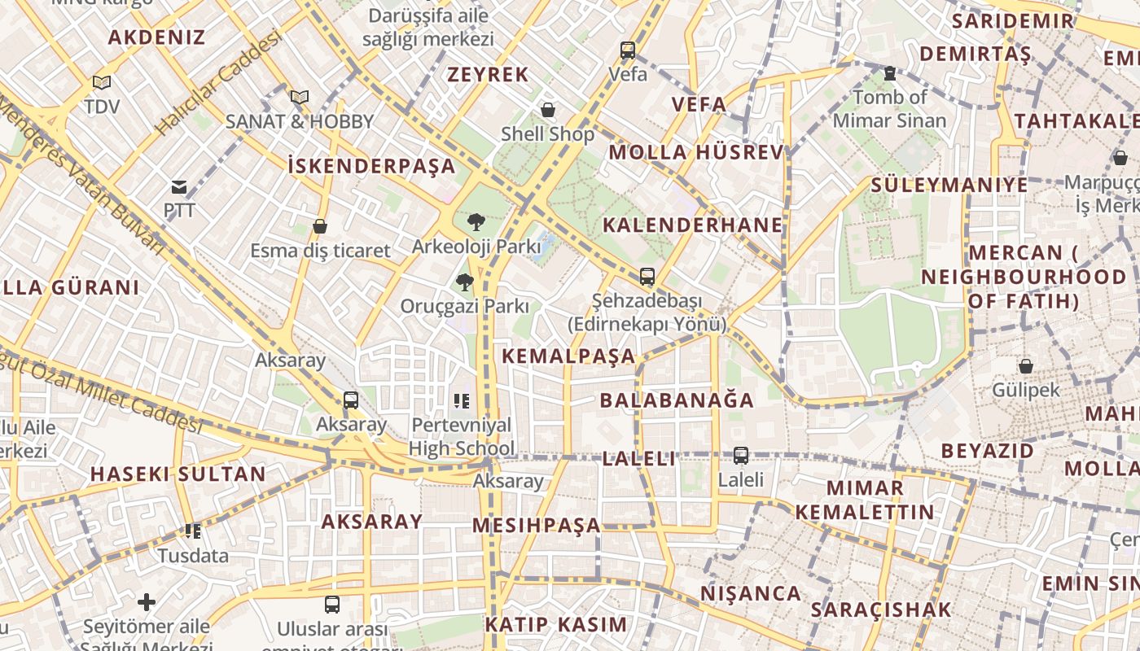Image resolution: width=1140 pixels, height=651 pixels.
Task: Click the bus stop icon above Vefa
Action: tap(628, 50)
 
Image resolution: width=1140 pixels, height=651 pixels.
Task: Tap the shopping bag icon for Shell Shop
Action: tap(548, 110)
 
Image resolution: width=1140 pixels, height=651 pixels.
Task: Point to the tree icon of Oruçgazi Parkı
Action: tap(465, 282)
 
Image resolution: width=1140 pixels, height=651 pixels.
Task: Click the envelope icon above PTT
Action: tap(179, 187)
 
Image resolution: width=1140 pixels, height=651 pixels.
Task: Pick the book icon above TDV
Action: tap(102, 82)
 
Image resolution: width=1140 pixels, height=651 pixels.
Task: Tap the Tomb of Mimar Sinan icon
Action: tap(890, 73)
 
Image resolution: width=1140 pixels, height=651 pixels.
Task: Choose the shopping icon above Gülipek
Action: tap(1026, 366)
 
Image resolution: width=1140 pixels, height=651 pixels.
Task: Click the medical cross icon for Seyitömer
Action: tap(147, 602)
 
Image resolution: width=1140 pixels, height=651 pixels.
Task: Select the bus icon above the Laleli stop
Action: tap(741, 456)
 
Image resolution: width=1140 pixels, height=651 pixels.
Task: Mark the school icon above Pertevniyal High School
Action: tap(462, 400)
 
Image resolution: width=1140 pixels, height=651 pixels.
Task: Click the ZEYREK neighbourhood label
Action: tap(488, 75)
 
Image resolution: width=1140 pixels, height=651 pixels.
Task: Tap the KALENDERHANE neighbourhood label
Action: tap(692, 225)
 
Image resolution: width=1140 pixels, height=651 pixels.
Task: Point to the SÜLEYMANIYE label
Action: tap(949, 185)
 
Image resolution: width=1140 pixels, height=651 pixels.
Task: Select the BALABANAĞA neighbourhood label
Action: tap(677, 400)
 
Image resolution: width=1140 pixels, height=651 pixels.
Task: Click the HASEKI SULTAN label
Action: tap(178, 474)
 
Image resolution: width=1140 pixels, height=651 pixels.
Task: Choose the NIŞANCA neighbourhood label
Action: tap(750, 593)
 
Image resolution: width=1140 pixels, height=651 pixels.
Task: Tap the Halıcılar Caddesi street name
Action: tap(218, 83)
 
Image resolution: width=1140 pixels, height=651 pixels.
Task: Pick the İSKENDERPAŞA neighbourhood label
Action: tap(371, 166)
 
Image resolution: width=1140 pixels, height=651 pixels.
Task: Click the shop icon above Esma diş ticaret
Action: tap(320, 226)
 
